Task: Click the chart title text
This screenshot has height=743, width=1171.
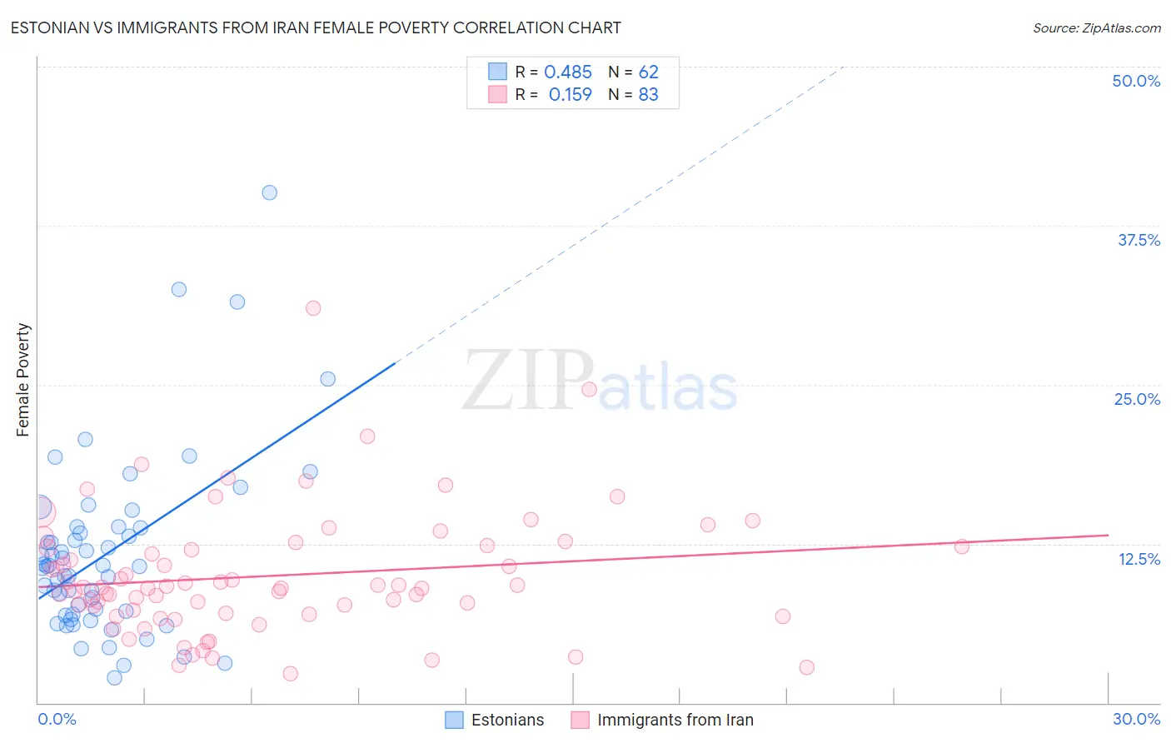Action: [316, 27]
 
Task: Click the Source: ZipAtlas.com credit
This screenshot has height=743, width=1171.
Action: [1096, 27]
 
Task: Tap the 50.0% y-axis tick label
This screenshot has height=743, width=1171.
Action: [1136, 81]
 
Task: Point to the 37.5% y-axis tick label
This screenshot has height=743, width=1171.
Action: [1139, 240]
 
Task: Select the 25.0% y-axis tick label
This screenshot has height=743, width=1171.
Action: [1137, 399]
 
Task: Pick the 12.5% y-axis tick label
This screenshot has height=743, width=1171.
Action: [1139, 559]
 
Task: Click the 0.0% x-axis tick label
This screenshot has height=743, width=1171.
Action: [57, 719]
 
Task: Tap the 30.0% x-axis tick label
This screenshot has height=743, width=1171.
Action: [1136, 719]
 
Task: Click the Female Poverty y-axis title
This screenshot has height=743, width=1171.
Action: [22, 380]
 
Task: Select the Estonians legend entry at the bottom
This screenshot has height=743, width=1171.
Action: [495, 720]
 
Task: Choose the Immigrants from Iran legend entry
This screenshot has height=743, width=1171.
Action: [663, 720]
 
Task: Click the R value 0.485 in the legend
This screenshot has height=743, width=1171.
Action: [567, 72]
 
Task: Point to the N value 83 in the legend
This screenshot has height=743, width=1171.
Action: [648, 95]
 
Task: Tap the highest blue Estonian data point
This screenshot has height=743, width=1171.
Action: [269, 192]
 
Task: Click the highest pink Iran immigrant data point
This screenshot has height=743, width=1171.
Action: [313, 308]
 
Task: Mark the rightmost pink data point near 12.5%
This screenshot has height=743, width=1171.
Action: [961, 546]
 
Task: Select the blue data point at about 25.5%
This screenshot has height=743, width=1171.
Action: [328, 379]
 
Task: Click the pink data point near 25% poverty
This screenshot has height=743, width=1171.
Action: [589, 389]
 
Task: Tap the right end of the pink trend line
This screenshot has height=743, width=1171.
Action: [1108, 535]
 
